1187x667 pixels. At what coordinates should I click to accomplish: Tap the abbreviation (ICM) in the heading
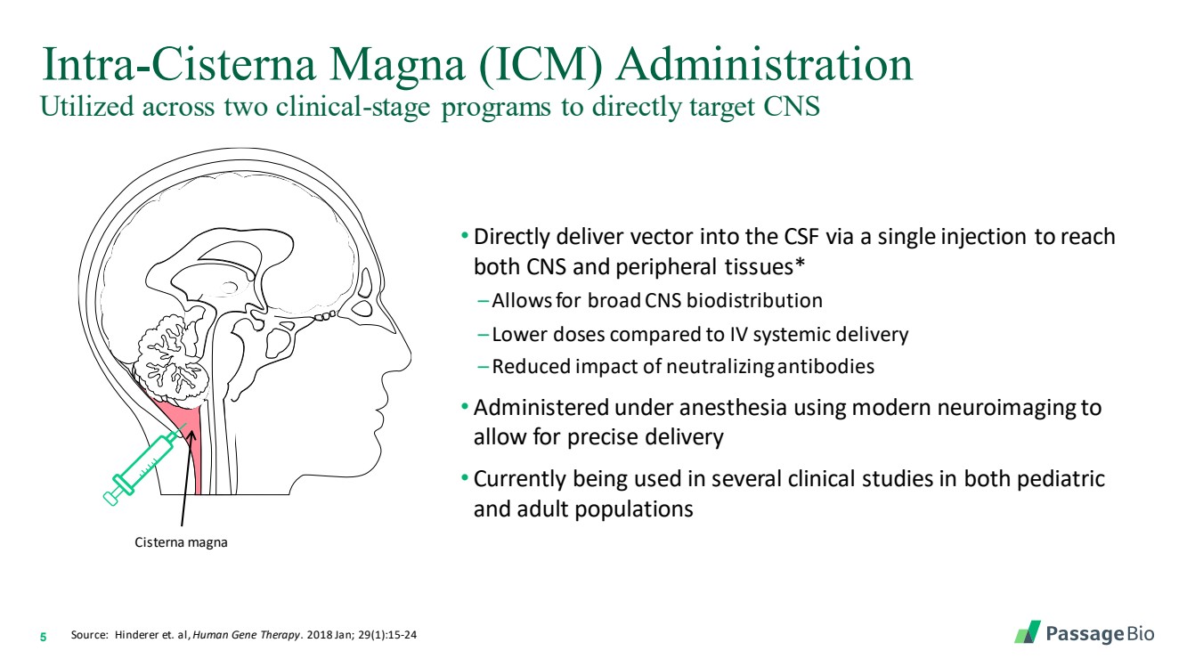point(541,65)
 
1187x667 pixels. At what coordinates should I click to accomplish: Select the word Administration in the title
point(764,64)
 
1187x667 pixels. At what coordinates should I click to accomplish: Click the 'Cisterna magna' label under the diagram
point(181,542)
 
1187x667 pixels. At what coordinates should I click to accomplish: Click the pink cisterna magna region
point(183,429)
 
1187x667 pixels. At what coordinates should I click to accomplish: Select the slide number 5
point(43,637)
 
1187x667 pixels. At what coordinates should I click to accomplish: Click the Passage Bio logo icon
point(1028,632)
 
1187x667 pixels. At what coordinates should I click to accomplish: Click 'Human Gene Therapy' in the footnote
point(246,635)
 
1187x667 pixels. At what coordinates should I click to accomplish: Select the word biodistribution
point(754,300)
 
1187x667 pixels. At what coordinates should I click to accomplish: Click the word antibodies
point(825,367)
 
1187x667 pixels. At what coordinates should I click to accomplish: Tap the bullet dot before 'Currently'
point(465,478)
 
